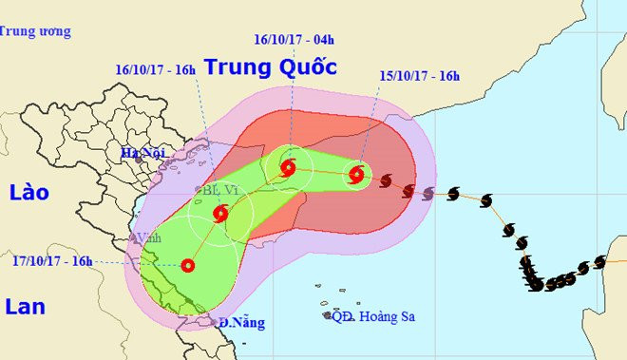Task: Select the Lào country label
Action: click(28, 193)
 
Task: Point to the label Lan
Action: click(26, 307)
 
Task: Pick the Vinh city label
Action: click(148, 237)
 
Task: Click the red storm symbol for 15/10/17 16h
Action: click(356, 174)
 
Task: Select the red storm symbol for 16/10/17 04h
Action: click(289, 169)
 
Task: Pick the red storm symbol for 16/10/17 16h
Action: click(221, 214)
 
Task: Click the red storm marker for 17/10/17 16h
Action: click(187, 266)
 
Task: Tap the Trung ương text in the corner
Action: click(35, 31)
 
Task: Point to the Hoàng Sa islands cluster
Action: click(332, 314)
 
